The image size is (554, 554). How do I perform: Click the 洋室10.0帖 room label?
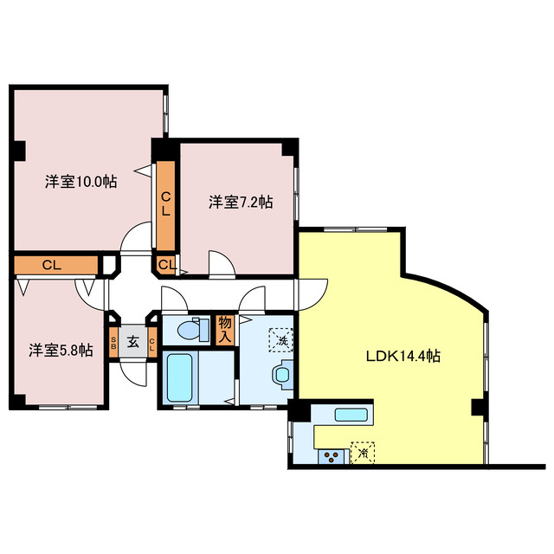point(81,182)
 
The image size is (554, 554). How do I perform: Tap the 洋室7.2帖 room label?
point(240,203)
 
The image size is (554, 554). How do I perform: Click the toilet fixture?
point(188,330)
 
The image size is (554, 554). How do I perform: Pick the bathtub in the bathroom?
point(183,377)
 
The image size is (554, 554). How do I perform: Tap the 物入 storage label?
point(225,329)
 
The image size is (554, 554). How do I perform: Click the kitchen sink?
point(351,415)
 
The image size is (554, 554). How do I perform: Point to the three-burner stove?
point(331,455)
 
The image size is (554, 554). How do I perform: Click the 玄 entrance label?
point(133,342)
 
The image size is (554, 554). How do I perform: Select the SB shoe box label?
point(113,342)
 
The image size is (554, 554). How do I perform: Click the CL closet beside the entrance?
point(152,343)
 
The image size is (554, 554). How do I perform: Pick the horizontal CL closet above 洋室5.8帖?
point(54,265)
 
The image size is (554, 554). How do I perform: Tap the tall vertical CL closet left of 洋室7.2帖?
point(164,204)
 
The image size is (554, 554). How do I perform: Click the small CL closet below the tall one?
point(165,264)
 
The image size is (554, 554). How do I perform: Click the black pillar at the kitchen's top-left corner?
point(294,412)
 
